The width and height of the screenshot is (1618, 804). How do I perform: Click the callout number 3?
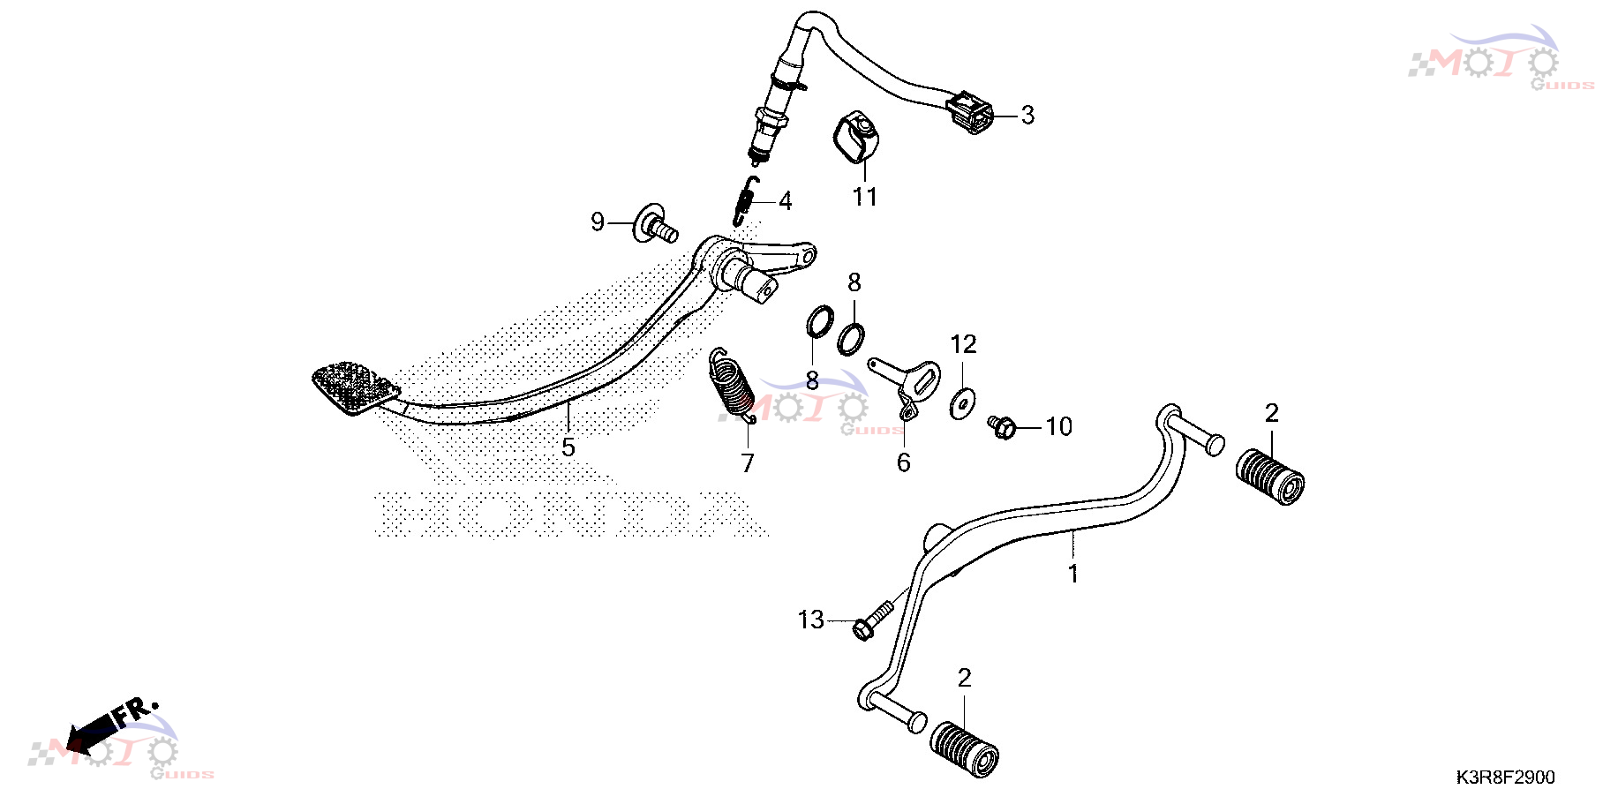(1027, 115)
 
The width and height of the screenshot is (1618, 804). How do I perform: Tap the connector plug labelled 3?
(969, 112)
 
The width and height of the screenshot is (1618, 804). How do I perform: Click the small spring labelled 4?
(746, 200)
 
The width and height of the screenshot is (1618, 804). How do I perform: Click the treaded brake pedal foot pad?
(356, 386)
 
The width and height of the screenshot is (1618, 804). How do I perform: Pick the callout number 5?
(568, 447)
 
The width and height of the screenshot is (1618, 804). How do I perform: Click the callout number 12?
(963, 344)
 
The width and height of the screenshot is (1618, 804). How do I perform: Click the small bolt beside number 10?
(1002, 426)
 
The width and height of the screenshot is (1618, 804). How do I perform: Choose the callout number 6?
(903, 462)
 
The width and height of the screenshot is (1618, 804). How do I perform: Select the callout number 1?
(1072, 575)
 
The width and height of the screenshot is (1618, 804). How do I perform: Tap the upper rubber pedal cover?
(1269, 477)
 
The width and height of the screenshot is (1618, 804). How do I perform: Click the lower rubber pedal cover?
(964, 750)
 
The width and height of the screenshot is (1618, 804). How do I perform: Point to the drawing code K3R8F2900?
(1505, 778)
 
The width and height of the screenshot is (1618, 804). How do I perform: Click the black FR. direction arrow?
(93, 729)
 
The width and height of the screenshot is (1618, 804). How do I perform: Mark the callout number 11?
(865, 197)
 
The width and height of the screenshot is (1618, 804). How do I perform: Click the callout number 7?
(748, 463)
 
